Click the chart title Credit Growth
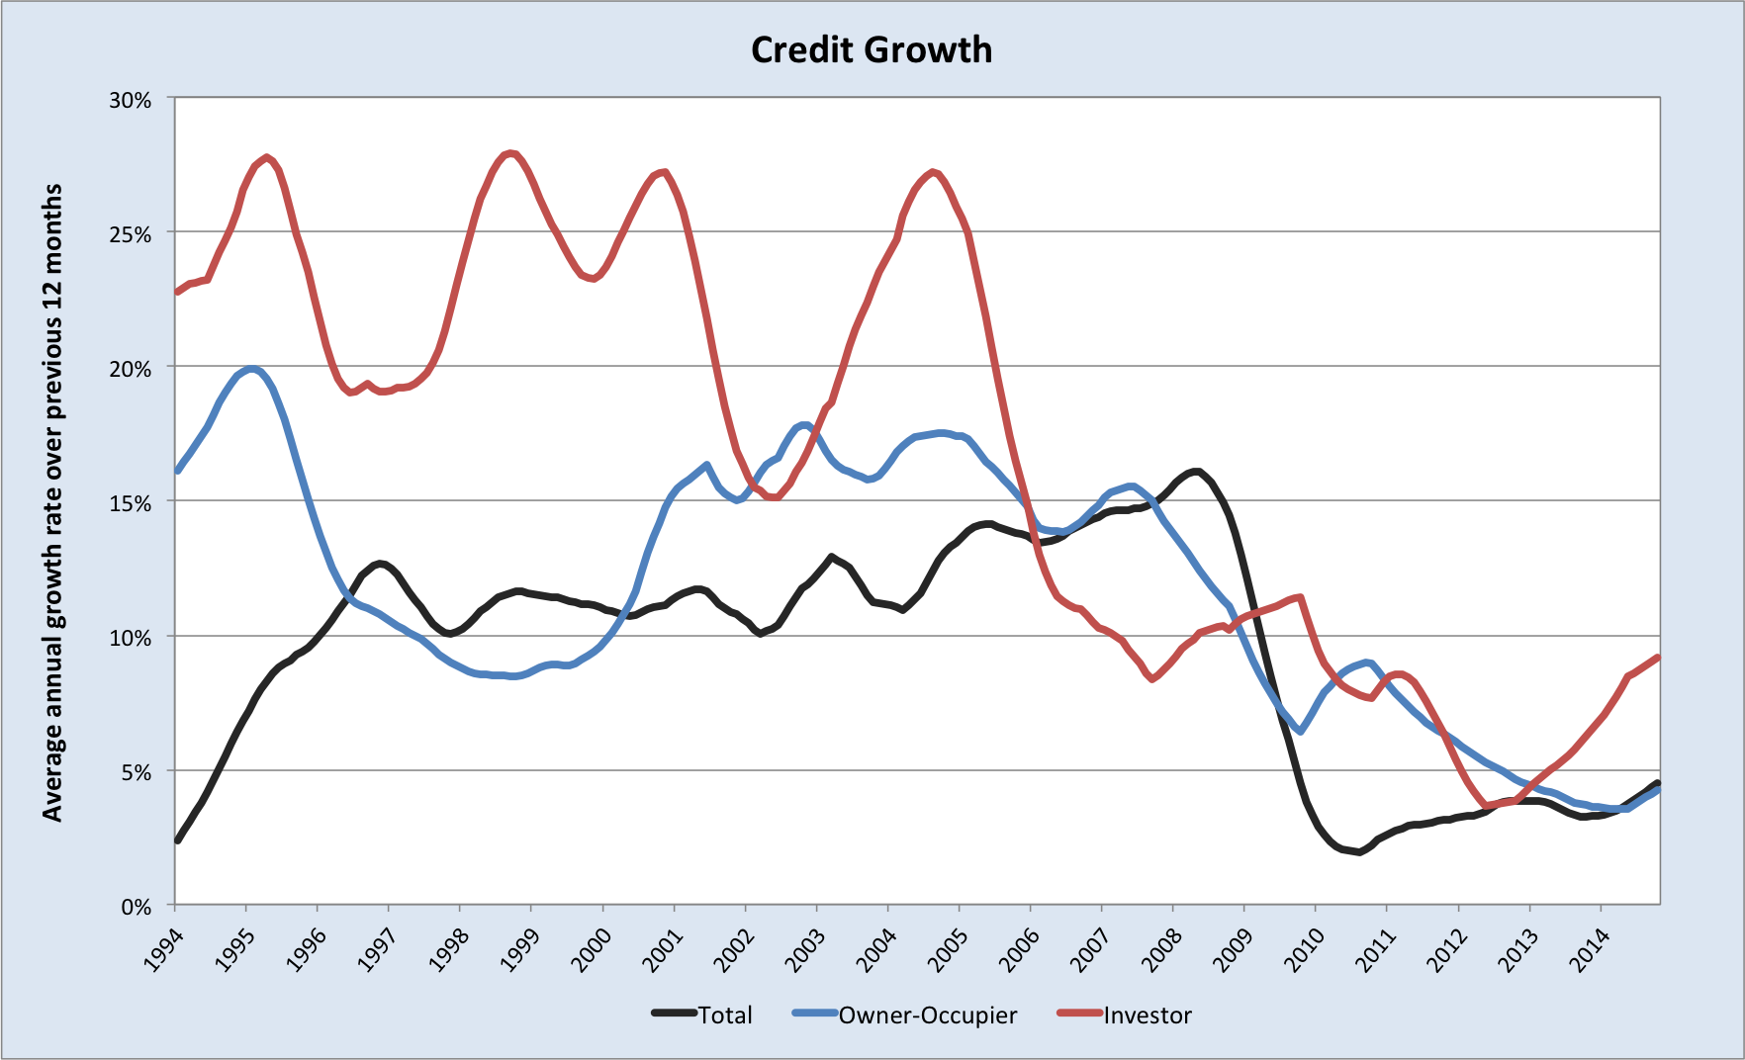[871, 50]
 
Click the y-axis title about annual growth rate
[52, 502]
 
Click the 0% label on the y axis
[136, 907]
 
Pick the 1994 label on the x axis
[159, 949]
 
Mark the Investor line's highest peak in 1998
[510, 153]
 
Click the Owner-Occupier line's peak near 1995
[252, 370]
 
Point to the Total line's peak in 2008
[1196, 471]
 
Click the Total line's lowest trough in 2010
[1360, 851]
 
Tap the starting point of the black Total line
[177, 840]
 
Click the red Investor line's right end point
[1658, 658]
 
